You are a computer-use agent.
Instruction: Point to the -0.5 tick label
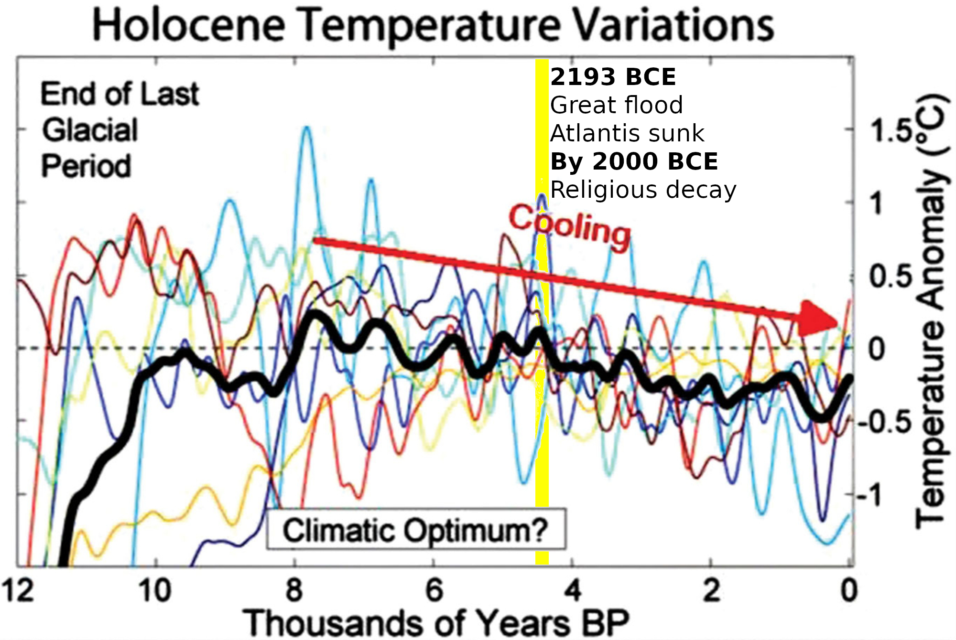coord(884,422)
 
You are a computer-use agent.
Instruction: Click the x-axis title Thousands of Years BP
coord(436,623)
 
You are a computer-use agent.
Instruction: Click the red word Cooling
coord(569,226)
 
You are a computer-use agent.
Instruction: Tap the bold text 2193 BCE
coord(613,77)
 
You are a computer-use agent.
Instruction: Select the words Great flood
coord(616,105)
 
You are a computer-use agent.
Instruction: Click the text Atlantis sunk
coord(627,133)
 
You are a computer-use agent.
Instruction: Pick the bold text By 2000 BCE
coord(634,161)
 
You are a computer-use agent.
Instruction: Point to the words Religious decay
coord(643,190)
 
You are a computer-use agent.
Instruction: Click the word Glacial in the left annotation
coord(90,130)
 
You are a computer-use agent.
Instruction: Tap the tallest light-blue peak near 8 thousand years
coord(306,128)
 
